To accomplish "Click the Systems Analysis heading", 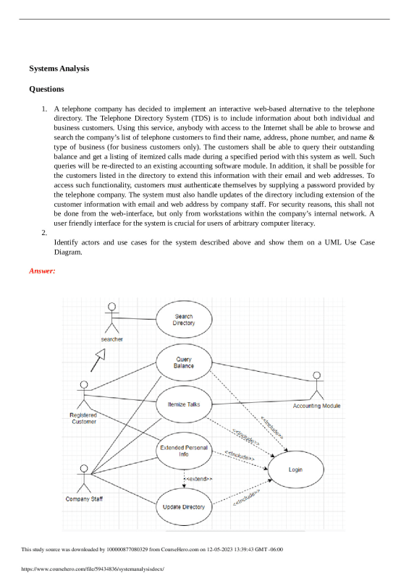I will coord(59,68).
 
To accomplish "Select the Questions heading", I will coord(46,89).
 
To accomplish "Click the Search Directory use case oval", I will coord(184,320).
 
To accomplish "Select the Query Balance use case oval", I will coord(184,362).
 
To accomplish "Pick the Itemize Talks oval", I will coord(184,404).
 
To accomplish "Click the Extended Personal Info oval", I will coord(184,451).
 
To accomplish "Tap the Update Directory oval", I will coord(184,506).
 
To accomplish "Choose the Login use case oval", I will coord(295,469).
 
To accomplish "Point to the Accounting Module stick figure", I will coord(316,386).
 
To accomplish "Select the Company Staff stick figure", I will coord(83,479).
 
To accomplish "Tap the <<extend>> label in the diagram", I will coord(198,479).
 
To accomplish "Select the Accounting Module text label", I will coord(316,407).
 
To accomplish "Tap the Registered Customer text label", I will coord(83,418).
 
